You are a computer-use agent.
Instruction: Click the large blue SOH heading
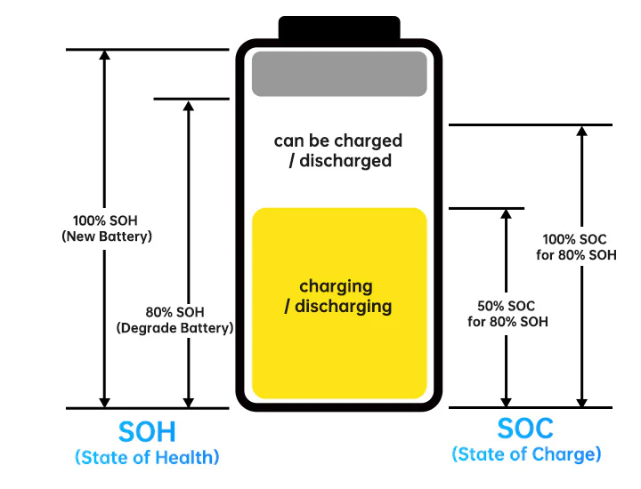[x=147, y=432]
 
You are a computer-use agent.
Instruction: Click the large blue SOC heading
[x=525, y=429]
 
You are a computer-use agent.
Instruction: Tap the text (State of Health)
[x=147, y=458]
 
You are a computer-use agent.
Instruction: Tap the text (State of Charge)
[x=526, y=454]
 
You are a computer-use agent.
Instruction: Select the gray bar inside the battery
[x=339, y=74]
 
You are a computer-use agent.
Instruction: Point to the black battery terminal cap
[x=339, y=28]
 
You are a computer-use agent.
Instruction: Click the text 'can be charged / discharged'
[x=338, y=150]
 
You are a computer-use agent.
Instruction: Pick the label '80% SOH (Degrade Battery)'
[x=174, y=320]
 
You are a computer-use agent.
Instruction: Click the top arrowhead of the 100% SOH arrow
[x=105, y=55]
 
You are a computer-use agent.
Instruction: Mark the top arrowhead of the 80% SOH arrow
[x=188, y=105]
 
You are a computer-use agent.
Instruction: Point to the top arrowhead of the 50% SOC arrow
[x=506, y=215]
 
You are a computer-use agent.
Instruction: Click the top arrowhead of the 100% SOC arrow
[x=581, y=131]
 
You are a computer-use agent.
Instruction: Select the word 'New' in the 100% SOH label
[x=79, y=236]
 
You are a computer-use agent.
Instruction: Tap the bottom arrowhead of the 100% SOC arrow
[x=581, y=401]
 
